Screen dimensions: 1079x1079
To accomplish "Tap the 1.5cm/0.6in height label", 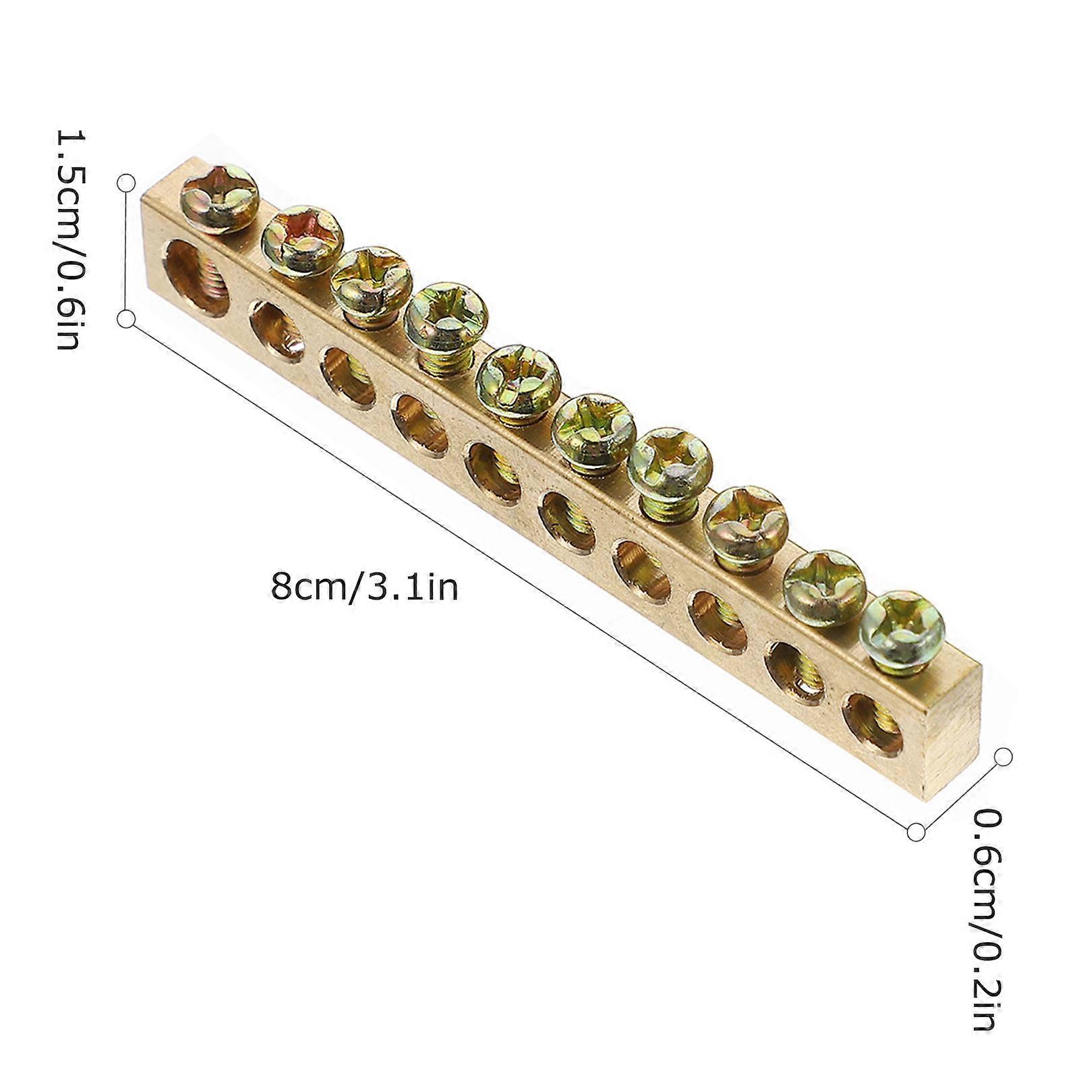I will (x=70, y=239).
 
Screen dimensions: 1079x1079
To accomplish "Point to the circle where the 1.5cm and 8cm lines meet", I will (x=126, y=319).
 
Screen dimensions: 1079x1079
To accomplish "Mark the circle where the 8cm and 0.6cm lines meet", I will (x=916, y=832).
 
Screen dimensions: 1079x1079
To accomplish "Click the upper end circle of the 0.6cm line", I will (x=1003, y=757).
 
